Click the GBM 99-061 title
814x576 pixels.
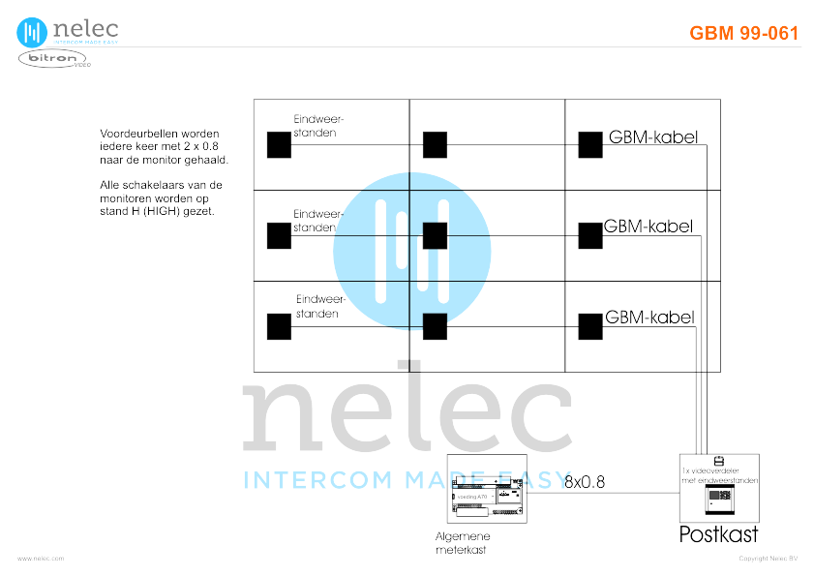pos(743,33)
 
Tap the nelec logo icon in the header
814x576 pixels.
pos(32,32)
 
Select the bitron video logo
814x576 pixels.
pos(54,60)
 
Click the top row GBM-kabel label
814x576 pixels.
pos(652,137)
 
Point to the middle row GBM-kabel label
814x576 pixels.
pos(648,227)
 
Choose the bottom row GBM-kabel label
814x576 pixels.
pos(649,317)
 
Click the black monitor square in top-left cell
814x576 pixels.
pos(279,144)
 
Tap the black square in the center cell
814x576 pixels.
pos(435,235)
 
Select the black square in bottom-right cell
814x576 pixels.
pos(589,326)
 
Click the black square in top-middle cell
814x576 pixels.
pos(435,144)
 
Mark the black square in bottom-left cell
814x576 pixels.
pos(279,326)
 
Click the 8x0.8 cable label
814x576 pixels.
pos(585,481)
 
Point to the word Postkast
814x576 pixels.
pos(718,534)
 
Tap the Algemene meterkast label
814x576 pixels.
pos(463,543)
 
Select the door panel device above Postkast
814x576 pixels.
pos(719,500)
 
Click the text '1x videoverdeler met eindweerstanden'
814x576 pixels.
pos(719,475)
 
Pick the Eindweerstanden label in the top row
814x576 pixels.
pos(318,125)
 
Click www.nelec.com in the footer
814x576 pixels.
pos(40,559)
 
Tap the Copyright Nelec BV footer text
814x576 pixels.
pos(768,559)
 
